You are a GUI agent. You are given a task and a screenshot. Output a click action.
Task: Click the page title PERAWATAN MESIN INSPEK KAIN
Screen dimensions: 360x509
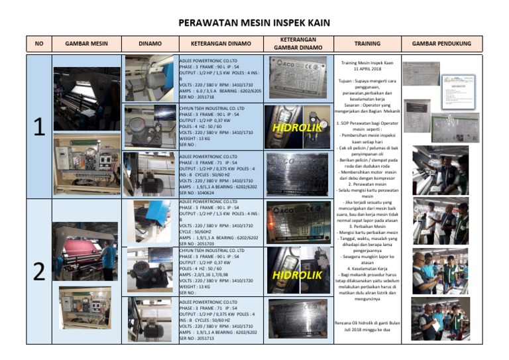coord(254,23)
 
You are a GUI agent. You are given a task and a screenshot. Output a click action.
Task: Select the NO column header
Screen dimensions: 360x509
coord(39,44)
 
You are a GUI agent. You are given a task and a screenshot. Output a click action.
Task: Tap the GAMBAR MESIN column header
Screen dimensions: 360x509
coord(86,44)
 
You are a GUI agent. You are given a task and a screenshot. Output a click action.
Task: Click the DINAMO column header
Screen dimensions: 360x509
coord(150,44)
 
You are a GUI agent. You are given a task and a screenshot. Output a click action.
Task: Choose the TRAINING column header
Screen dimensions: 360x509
coord(367,44)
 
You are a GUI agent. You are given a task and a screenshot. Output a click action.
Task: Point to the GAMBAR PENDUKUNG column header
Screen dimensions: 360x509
coord(441,44)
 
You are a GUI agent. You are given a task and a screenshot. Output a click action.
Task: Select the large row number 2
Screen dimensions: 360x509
coord(39,271)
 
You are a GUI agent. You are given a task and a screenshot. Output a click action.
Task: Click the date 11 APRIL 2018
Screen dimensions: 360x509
coord(367,69)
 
